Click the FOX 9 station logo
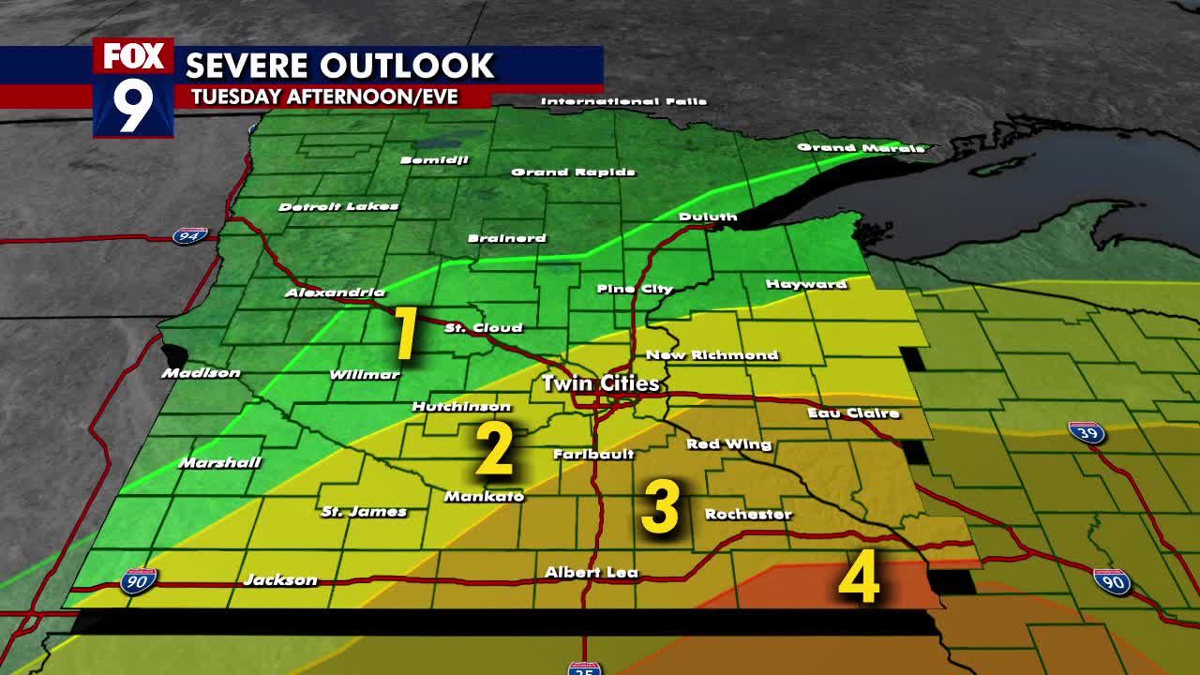[133, 88]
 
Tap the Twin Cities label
[600, 383]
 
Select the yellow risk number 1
[405, 334]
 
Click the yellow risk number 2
[494, 450]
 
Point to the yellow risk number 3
[660, 507]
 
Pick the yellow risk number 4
[859, 577]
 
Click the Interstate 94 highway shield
[189, 235]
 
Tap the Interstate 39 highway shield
[1086, 432]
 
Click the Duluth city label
[708, 217]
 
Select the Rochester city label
[748, 514]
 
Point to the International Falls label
[623, 101]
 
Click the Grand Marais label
[860, 147]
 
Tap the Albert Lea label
[591, 572]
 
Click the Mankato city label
[484, 496]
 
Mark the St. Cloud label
[483, 328]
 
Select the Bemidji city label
[433, 160]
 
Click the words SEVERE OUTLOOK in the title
[339, 66]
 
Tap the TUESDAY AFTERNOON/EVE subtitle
[324, 97]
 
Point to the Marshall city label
[219, 462]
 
